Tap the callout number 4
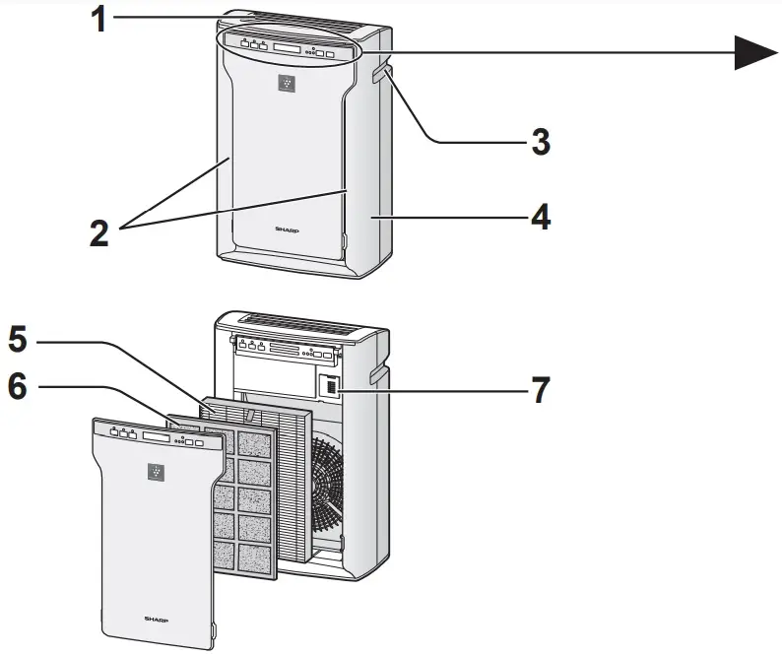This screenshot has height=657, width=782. pos(539,217)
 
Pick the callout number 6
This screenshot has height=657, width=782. pos(18,387)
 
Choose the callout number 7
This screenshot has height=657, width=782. pos(540,389)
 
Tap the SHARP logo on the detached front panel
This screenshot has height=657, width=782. pos(156,620)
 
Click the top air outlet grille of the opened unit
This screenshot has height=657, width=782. pos(295,325)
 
